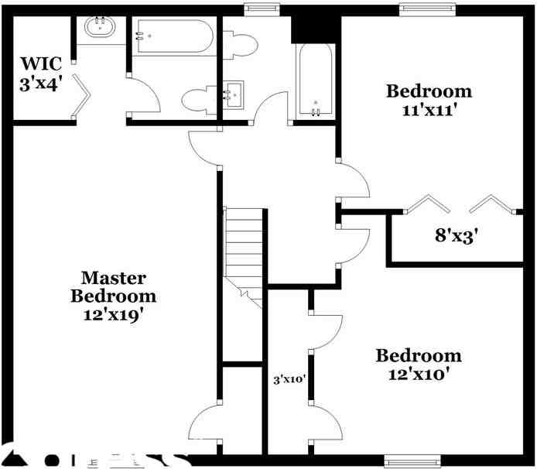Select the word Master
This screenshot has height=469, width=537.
(114, 277)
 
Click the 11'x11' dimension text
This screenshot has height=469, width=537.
(428, 109)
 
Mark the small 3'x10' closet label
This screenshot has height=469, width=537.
(289, 380)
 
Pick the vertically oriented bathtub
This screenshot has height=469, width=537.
(315, 80)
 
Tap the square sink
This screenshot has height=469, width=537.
(232, 94)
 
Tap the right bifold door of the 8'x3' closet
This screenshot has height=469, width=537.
(491, 204)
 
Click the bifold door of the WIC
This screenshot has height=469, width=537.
(82, 101)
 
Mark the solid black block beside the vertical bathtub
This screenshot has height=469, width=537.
(315, 29)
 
